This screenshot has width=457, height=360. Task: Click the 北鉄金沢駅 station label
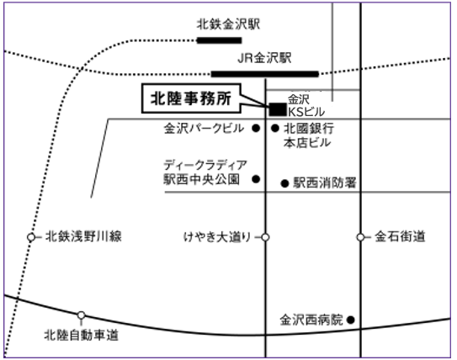click(x=228, y=24)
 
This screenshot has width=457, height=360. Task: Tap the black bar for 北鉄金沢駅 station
click(x=220, y=40)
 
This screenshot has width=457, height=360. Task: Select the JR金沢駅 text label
click(x=264, y=58)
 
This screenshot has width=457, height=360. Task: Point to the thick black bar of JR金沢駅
click(x=265, y=74)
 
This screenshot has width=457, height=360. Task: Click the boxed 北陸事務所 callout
click(x=191, y=98)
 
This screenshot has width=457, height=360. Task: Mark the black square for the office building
click(x=278, y=109)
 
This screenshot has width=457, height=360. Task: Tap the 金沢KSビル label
click(x=306, y=105)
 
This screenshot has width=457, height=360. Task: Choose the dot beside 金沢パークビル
click(x=256, y=128)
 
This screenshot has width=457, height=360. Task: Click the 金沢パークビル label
click(x=204, y=128)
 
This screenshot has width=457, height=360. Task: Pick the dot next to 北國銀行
click(x=275, y=128)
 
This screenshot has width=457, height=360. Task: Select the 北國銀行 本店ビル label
click(x=309, y=135)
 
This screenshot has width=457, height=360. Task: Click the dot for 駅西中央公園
click(x=256, y=179)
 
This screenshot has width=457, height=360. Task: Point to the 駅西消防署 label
click(x=325, y=183)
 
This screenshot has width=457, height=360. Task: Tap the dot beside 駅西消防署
click(x=284, y=183)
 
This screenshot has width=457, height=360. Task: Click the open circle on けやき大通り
click(x=265, y=237)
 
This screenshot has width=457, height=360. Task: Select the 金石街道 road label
click(x=400, y=236)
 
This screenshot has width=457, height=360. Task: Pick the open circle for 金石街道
click(x=360, y=237)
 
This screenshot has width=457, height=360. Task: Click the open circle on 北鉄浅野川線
click(x=31, y=237)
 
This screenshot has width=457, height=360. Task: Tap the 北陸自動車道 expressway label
click(x=82, y=335)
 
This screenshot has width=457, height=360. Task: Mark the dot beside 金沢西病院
click(x=351, y=320)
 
